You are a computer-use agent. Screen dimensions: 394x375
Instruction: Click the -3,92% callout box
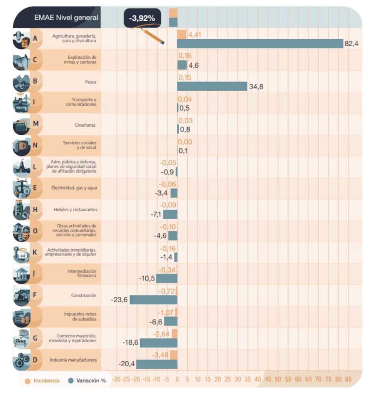(142, 18)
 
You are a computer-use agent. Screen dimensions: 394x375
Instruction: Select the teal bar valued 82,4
(260, 43)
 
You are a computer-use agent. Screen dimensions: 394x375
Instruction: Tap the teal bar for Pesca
(212, 86)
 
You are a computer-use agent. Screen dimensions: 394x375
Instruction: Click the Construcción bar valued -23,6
(153, 300)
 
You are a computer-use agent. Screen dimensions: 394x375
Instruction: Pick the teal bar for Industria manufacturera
(157, 364)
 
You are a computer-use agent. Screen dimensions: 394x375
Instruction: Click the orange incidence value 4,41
(195, 35)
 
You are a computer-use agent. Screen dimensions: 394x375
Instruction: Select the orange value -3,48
(160, 355)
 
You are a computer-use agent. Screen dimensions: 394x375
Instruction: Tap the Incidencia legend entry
(42, 381)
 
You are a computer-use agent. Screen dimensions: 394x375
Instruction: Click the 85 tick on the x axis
(348, 379)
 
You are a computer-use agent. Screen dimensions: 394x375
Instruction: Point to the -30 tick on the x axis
(116, 379)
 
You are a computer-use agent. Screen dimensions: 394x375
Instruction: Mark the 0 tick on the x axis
(177, 379)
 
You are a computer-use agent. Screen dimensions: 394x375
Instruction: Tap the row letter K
(35, 252)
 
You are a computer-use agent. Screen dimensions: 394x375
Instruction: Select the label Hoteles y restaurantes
(75, 210)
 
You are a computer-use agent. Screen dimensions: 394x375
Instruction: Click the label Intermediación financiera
(82, 274)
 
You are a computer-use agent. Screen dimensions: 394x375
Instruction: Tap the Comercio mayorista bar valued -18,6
(158, 342)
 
